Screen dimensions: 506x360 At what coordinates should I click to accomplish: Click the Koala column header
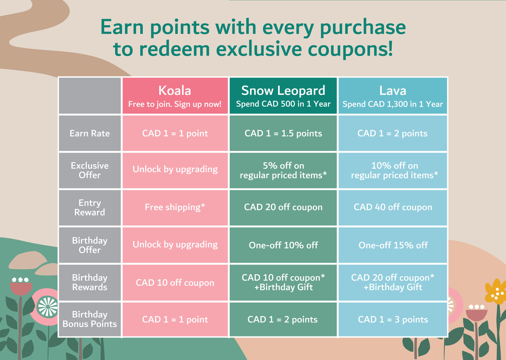point(175,95)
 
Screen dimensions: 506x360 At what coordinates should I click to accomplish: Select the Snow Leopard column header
point(283,95)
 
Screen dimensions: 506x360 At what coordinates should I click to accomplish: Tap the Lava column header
point(393,95)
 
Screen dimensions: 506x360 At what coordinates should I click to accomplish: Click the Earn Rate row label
point(90,133)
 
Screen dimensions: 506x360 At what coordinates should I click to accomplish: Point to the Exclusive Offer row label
point(90,171)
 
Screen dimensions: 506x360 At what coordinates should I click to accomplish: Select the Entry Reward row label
point(90,208)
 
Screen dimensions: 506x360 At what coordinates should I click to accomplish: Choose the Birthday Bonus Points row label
point(90,319)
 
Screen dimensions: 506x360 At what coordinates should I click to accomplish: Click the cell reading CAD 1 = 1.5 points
point(283,133)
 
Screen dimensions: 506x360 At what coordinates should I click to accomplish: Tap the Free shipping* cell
point(175,208)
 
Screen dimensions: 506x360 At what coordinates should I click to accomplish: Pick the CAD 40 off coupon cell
point(393,208)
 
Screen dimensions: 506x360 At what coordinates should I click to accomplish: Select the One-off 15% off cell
point(393,245)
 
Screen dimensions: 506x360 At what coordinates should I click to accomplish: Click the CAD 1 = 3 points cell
point(393,319)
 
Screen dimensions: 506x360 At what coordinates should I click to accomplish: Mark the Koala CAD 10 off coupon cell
point(175,282)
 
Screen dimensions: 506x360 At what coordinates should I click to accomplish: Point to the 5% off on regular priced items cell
point(283,171)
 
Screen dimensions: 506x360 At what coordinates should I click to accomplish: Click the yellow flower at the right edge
point(496,291)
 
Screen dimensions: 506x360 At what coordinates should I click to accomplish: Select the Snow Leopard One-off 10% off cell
point(283,245)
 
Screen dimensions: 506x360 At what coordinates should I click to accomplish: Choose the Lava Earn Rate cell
point(393,133)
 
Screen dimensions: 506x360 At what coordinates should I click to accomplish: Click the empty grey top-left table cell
point(90,95)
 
